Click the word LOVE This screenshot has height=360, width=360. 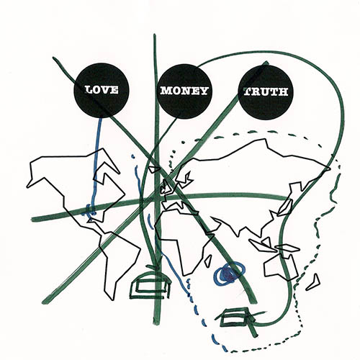click(x=102, y=90)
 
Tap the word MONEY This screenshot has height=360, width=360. click(x=184, y=91)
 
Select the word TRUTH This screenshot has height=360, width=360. click(x=266, y=91)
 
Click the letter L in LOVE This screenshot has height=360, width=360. click(x=89, y=90)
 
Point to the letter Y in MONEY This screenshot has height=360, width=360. click(x=204, y=91)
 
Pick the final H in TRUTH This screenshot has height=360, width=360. click(x=284, y=92)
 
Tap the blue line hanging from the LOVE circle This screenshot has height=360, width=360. click(x=96, y=166)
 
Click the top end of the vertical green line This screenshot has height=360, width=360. click(x=154, y=35)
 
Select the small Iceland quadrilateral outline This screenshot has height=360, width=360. click(x=153, y=169)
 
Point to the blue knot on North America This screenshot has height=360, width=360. click(x=89, y=211)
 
